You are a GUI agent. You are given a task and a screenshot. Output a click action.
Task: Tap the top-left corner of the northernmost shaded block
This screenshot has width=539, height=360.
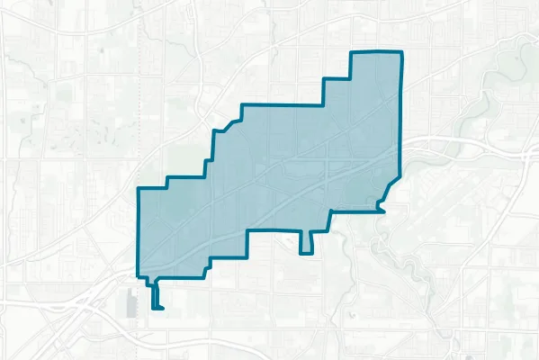pos(351,54)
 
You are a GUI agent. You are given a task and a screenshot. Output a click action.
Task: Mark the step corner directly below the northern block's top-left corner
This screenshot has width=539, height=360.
pos(351,79)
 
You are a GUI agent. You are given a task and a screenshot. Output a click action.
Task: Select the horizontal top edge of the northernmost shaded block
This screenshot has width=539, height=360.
pos(377,53)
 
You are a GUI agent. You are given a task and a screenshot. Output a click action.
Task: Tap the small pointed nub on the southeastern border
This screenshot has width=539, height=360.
pos(383,210)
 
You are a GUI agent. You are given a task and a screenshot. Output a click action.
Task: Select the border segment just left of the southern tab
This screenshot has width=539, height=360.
pos(274,231)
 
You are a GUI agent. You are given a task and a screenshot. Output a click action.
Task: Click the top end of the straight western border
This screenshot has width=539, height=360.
pos(138,190)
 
